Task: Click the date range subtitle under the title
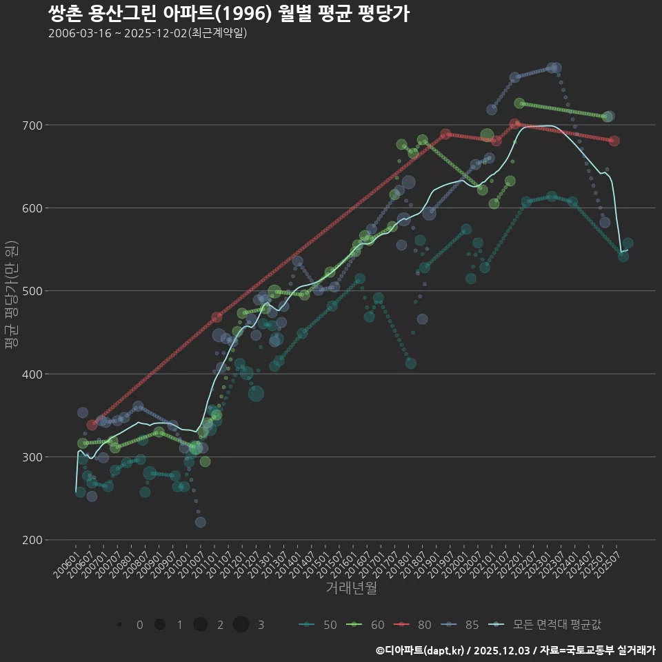(x=148, y=33)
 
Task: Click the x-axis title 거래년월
(x=351, y=588)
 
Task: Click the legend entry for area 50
(x=318, y=625)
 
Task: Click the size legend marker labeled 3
(x=241, y=625)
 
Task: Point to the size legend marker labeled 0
(x=120, y=625)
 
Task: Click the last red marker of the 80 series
(x=614, y=141)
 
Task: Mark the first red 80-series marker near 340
(x=92, y=425)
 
